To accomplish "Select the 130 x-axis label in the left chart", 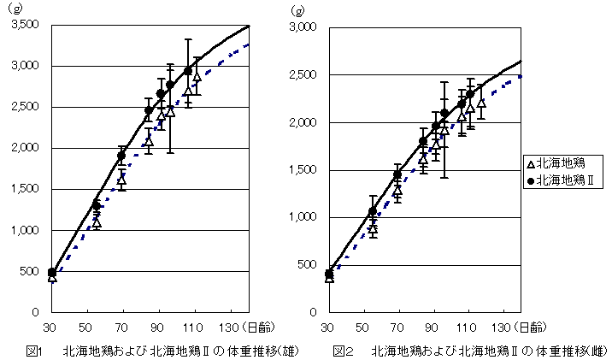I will click(x=229, y=327).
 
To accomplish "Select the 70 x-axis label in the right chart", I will click(x=397, y=327).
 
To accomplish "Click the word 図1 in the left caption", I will click(x=34, y=351).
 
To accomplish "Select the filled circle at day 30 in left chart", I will click(x=52, y=272).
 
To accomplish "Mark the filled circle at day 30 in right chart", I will click(x=330, y=274).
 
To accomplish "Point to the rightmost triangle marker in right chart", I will click(x=481, y=103).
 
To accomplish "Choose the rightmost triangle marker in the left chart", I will click(x=197, y=77).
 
